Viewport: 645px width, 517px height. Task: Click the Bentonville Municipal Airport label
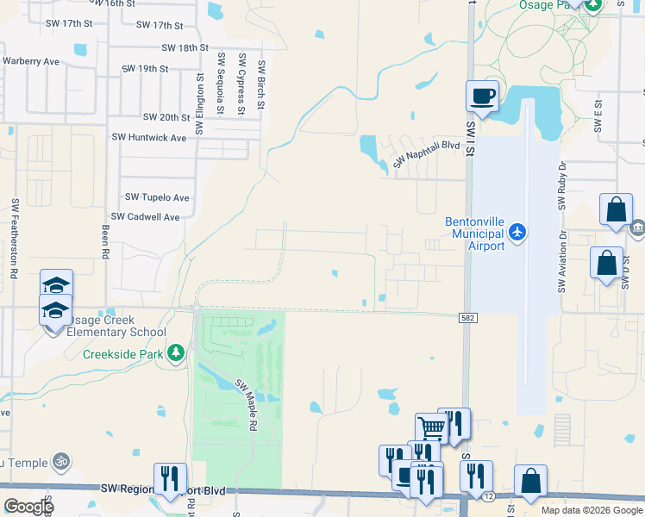click(474, 234)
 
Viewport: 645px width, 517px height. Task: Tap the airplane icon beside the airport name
click(517, 232)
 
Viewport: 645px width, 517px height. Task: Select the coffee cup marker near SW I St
click(482, 96)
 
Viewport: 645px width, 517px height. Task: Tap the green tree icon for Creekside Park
click(176, 352)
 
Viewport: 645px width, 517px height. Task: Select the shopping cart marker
click(430, 427)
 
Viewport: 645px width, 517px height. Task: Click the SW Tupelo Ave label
click(157, 197)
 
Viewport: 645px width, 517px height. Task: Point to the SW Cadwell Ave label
click(146, 217)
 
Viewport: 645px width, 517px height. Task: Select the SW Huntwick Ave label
click(153, 138)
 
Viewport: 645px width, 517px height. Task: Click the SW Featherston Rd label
click(16, 238)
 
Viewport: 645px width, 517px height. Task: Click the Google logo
click(28, 507)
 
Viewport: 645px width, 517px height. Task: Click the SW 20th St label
click(166, 117)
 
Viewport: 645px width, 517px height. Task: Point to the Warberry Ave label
click(30, 61)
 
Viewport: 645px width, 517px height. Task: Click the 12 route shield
click(488, 496)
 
